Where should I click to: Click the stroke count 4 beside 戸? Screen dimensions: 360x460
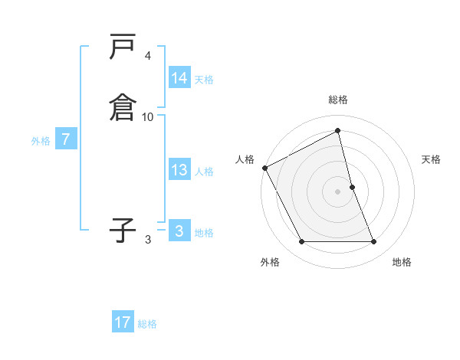147,55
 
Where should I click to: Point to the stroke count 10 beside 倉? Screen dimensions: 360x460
148,116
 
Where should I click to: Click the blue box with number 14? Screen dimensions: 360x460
179,77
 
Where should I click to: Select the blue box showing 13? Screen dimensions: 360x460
179,170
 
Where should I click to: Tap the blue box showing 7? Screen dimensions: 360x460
67,139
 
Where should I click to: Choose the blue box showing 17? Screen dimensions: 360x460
123,322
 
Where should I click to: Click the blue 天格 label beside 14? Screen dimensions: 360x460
204,79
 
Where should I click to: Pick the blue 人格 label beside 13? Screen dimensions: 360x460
204,172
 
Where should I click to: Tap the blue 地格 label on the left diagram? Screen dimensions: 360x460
204,233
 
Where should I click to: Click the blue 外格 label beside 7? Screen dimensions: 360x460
41,141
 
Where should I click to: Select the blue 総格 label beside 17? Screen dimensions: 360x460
147,324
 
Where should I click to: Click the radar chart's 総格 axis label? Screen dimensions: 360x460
338,100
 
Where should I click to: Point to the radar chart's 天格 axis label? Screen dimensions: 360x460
432,159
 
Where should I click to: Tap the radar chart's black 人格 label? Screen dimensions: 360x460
245,159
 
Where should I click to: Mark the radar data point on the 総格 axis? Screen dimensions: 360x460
338,130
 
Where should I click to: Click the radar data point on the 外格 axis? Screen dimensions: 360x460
301,242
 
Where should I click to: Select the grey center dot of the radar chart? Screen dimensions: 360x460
338,191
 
